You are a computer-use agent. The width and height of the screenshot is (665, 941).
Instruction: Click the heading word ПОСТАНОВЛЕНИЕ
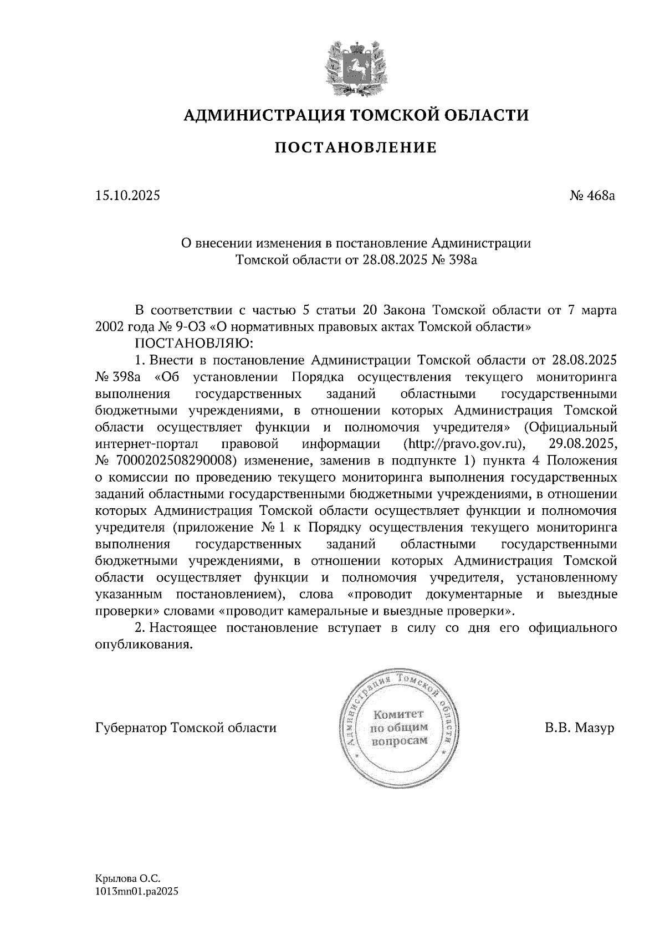click(x=356, y=148)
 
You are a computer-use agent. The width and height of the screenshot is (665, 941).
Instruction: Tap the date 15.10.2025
click(x=127, y=195)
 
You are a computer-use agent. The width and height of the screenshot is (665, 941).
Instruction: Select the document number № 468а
click(x=592, y=195)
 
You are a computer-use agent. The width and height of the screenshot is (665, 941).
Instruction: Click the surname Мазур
click(x=595, y=728)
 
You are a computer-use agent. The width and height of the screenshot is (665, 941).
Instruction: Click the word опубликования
click(x=145, y=645)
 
